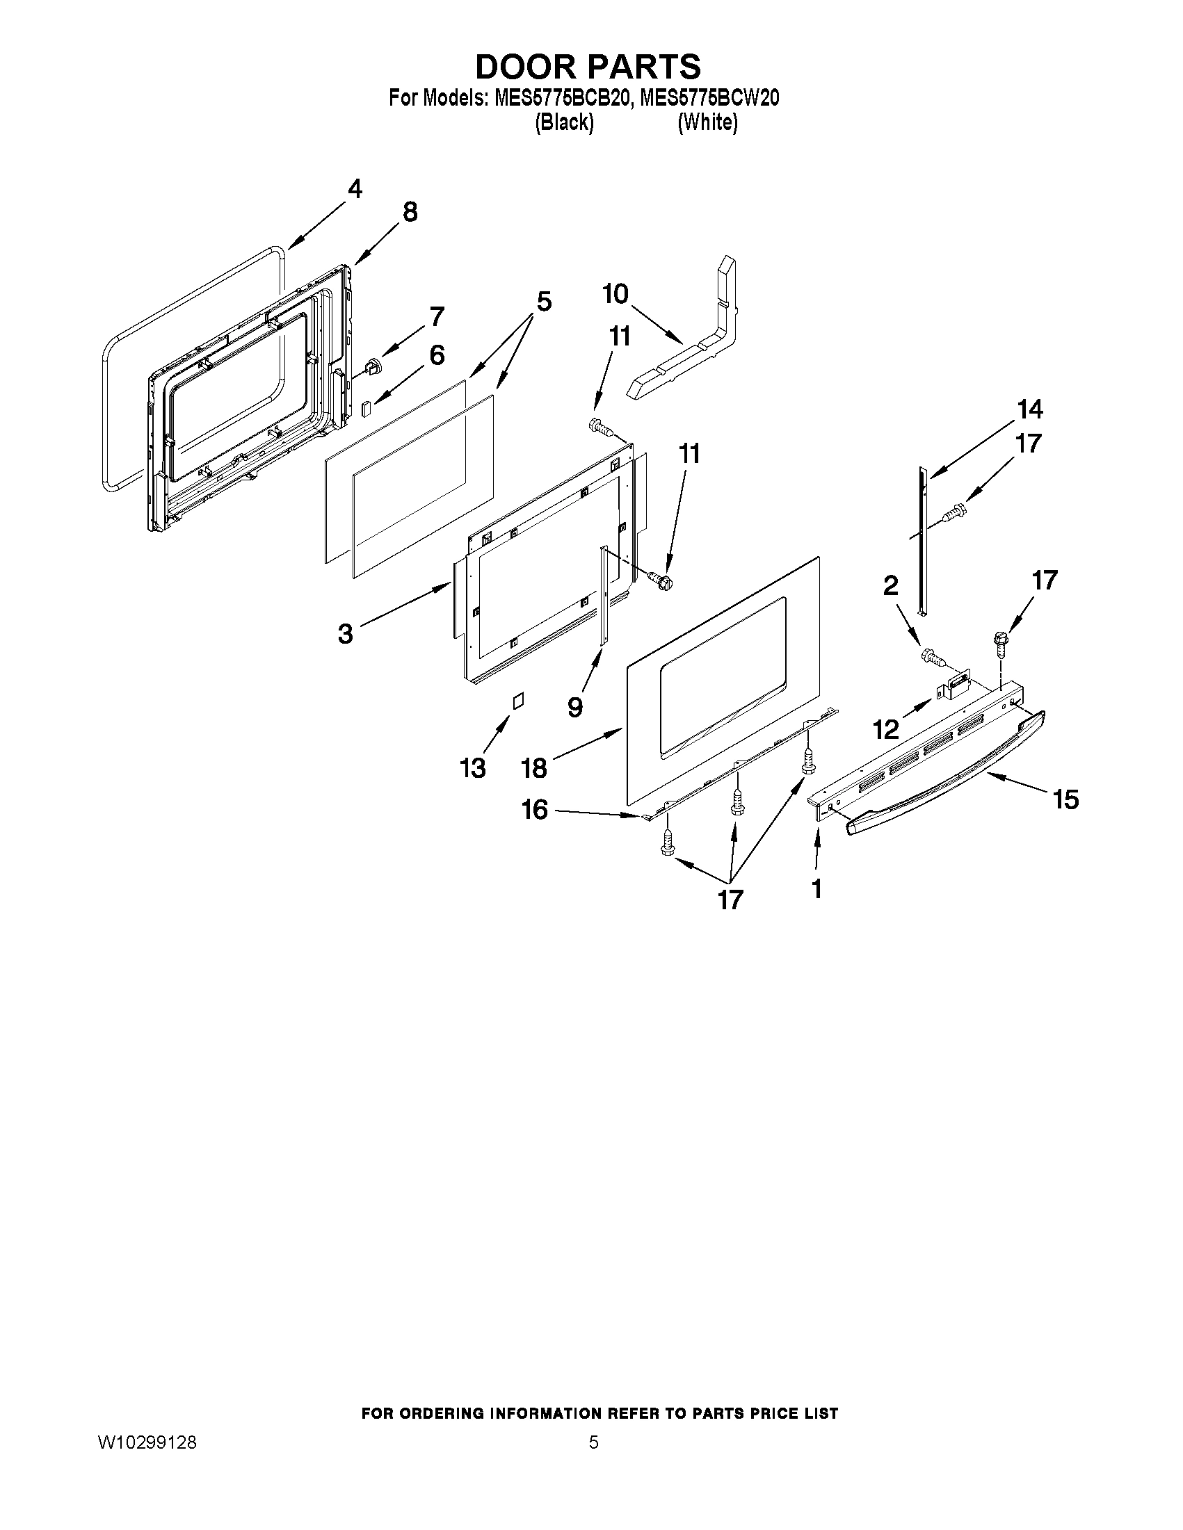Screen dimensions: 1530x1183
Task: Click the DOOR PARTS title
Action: pos(588,67)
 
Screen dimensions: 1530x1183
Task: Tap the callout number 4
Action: pos(355,188)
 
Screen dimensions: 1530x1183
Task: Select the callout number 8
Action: pos(410,211)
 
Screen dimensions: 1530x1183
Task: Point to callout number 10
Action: pos(615,293)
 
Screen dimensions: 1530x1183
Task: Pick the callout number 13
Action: pos(473,769)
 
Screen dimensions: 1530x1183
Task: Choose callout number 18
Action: pos(534,768)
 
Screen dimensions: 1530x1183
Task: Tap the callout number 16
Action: pos(534,810)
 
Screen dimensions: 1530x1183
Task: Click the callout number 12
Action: pos(886,730)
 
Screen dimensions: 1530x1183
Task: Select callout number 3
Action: pos(345,634)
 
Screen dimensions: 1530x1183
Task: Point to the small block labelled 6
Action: pos(366,409)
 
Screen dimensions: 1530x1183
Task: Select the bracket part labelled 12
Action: pos(957,683)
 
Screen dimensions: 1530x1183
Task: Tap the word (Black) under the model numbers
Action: pos(564,122)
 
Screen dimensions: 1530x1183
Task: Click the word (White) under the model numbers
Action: pos(707,122)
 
